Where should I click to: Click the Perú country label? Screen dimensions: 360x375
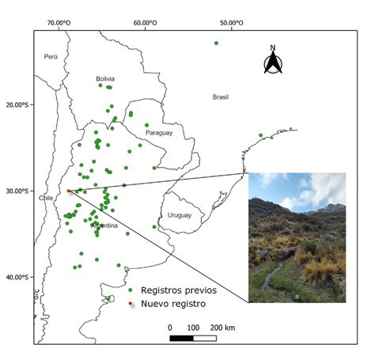click(x=51, y=56)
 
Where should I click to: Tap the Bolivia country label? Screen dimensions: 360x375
click(x=105, y=78)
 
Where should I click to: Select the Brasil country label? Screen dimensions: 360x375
click(x=220, y=97)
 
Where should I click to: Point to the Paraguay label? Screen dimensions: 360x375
click(x=158, y=133)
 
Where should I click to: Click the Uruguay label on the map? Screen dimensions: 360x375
click(x=180, y=215)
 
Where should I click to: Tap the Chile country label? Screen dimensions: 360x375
click(x=46, y=199)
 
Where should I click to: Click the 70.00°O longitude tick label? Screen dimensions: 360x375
click(x=60, y=22)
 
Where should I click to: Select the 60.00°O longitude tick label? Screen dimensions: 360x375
click(x=146, y=22)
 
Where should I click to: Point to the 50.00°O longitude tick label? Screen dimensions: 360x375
click(x=231, y=22)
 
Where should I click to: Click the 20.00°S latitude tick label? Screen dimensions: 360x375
click(x=17, y=104)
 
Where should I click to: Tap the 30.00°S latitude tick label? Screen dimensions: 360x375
click(x=17, y=191)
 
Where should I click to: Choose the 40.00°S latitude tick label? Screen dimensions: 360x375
click(x=17, y=277)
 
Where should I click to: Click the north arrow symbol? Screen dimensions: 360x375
click(x=273, y=60)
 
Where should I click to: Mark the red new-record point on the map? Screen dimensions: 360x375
click(x=69, y=191)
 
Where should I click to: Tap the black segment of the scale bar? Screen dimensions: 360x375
click(x=181, y=338)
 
